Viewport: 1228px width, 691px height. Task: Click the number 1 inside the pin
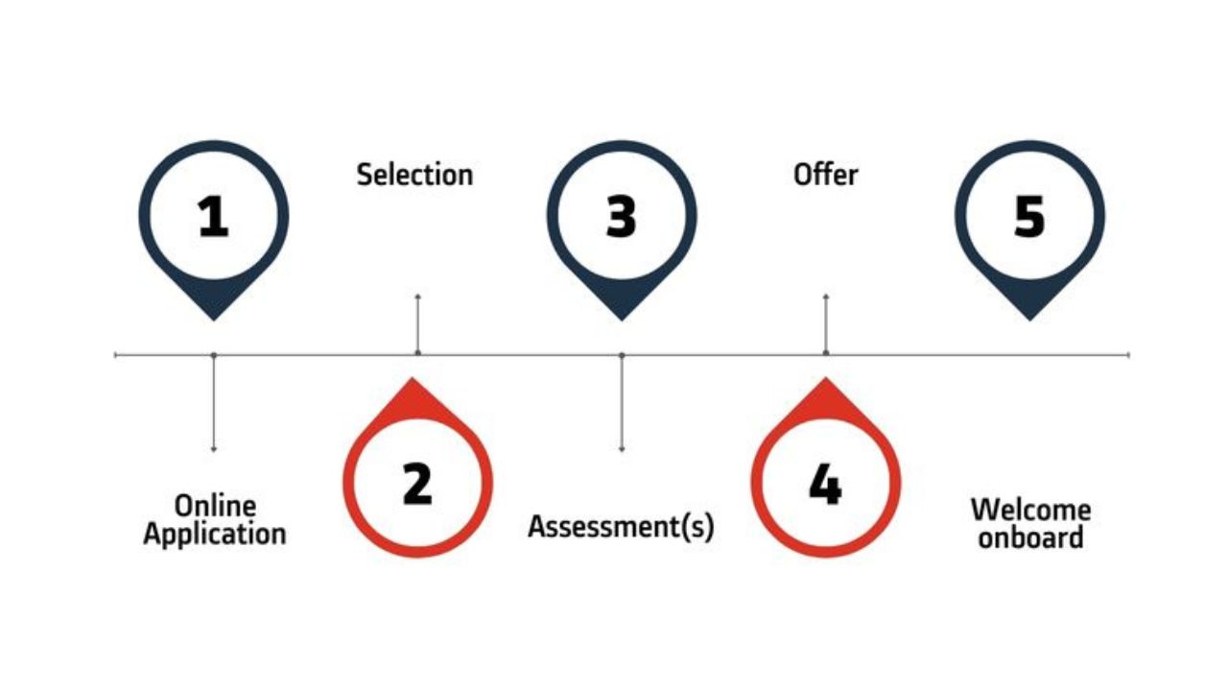213,217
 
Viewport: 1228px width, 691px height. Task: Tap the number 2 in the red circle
417,483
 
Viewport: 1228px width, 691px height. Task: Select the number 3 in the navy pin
621,217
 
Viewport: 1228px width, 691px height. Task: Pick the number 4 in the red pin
825,485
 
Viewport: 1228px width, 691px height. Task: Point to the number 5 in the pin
1029,217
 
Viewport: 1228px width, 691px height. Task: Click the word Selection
414,175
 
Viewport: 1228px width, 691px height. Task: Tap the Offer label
826,175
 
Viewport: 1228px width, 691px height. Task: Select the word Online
215,506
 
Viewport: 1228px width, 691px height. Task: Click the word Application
214,535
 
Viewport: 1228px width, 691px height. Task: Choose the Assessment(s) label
621,527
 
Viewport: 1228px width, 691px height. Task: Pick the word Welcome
1030,510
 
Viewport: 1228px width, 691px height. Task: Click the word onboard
1030,536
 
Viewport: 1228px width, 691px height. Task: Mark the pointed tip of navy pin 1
214,321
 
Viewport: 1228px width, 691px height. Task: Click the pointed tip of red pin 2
413,377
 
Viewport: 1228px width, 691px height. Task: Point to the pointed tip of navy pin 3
621,321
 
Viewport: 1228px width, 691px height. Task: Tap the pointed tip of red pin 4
825,377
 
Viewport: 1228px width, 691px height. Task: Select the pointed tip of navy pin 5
1029,321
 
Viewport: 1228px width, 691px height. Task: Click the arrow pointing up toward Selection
417,324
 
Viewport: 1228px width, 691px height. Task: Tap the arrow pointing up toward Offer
826,324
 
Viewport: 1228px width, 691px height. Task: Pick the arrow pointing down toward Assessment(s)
622,403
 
